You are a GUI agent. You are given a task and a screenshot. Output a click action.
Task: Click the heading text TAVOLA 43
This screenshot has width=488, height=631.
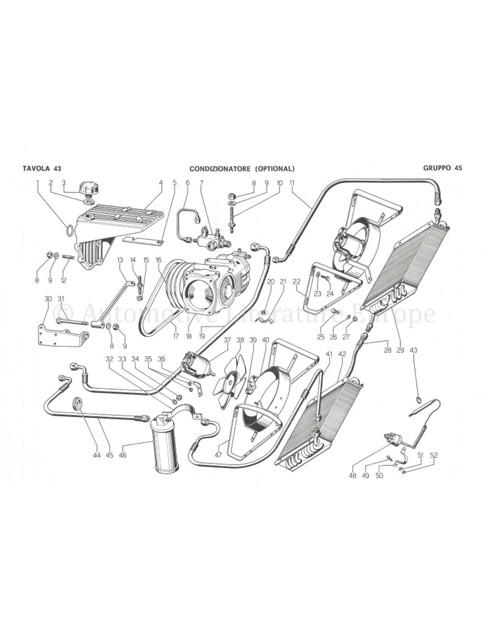coord(42,169)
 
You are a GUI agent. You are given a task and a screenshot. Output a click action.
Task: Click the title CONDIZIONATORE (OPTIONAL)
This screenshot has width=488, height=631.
coord(242,169)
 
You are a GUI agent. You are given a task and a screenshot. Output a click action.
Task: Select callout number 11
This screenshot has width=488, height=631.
coord(304,183)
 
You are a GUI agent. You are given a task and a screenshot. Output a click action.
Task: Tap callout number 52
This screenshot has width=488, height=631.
coord(433,455)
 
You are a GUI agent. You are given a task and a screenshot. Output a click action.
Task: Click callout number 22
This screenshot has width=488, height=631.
coord(297,281)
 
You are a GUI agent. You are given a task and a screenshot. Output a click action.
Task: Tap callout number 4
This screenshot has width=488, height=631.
coord(161,183)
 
